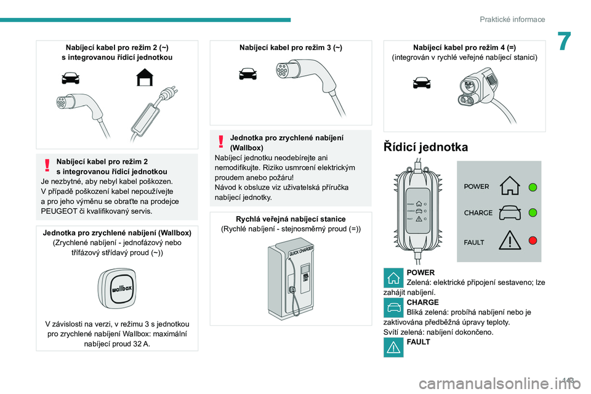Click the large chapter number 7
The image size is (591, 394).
tap(565, 41)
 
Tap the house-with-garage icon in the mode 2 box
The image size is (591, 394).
tap(145, 78)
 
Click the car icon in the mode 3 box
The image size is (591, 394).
tap(247, 73)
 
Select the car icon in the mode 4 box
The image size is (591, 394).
tap(422, 82)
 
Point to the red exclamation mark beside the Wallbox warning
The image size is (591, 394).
tap(221, 142)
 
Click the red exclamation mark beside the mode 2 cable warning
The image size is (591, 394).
tap(47, 165)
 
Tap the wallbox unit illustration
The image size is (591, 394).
tap(117, 288)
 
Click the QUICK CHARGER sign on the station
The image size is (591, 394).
tap(301, 251)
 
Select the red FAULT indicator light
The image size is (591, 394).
tap(533, 240)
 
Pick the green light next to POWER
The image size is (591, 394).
tap(533, 187)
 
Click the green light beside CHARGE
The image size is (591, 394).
tap(533, 212)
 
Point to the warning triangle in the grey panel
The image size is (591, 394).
tap(510, 240)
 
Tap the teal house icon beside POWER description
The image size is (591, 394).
tap(393, 278)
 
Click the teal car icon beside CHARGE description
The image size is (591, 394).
tap(393, 308)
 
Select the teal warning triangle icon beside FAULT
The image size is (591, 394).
tap(393, 347)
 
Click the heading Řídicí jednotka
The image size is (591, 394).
tap(425, 147)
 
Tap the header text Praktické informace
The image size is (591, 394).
tap(512, 19)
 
